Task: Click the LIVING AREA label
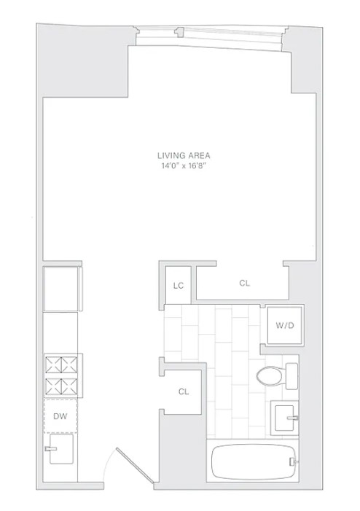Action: [179, 155]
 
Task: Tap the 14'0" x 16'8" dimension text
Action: [179, 166]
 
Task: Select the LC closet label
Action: [177, 286]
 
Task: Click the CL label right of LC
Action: [244, 283]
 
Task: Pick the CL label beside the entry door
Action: [184, 391]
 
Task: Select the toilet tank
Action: [291, 376]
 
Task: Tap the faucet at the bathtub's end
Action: [292, 461]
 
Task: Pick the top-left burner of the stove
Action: [53, 363]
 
